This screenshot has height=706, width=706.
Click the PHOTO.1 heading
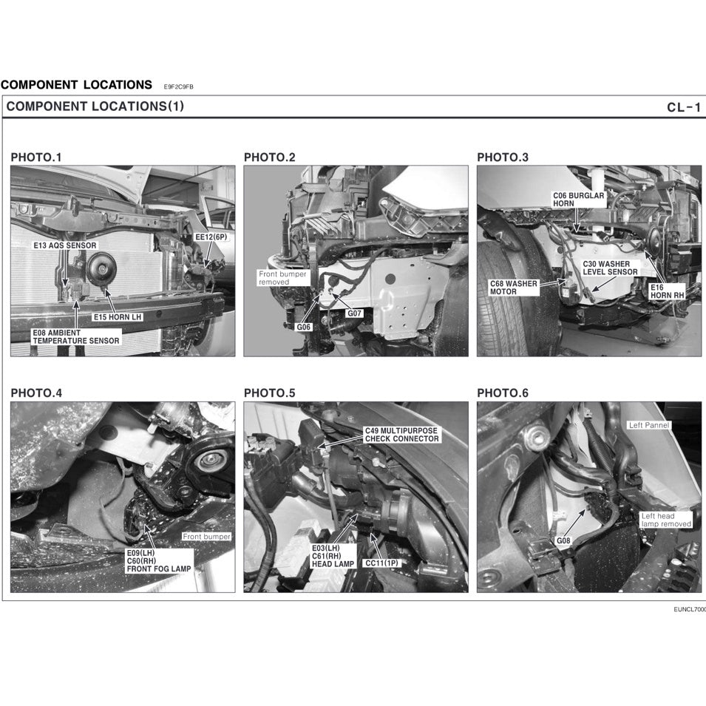pyautogui.click(x=36, y=157)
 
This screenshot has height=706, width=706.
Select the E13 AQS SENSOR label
pyautogui.click(x=65, y=245)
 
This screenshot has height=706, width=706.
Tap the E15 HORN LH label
pyautogui.click(x=117, y=317)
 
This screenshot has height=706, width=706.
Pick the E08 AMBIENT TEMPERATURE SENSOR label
pyautogui.click(x=75, y=337)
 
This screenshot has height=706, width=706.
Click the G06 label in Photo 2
pyautogui.click(x=304, y=326)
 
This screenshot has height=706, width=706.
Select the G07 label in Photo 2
pyautogui.click(x=356, y=313)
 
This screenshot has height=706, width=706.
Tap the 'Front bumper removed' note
pyautogui.click(x=277, y=278)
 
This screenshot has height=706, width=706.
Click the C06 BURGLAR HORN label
pyautogui.click(x=578, y=199)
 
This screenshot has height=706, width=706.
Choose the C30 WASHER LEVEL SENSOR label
pyautogui.click(x=609, y=268)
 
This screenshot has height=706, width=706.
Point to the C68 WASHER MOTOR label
pyautogui.click(x=514, y=287)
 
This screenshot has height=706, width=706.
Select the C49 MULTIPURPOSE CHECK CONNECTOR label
pyautogui.click(x=401, y=435)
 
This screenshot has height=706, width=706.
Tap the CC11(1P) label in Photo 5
pyautogui.click(x=381, y=563)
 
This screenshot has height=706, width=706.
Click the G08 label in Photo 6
pyautogui.click(x=563, y=540)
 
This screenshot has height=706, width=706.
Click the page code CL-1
pyautogui.click(x=683, y=107)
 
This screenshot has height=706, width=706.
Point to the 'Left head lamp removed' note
pyautogui.click(x=665, y=520)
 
